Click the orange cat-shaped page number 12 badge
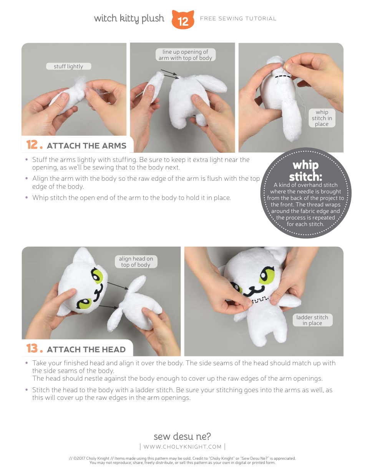tap(183, 20)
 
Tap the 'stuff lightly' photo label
tap(68, 66)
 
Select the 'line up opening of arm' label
tap(185, 55)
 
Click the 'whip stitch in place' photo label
tap(322, 118)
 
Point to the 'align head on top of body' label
tap(136, 262)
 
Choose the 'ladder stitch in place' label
tap(312, 320)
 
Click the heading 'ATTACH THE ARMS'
tap(86, 146)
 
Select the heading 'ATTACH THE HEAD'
tap(86, 350)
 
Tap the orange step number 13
tap(32, 348)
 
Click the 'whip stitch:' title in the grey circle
tap(305, 171)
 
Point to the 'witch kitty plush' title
tap(129, 18)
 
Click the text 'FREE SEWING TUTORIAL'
tap(238, 18)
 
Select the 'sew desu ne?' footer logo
tap(182, 436)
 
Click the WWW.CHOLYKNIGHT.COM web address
tap(182, 447)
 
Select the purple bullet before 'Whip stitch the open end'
tap(27, 198)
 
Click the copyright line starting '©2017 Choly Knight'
tap(182, 458)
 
